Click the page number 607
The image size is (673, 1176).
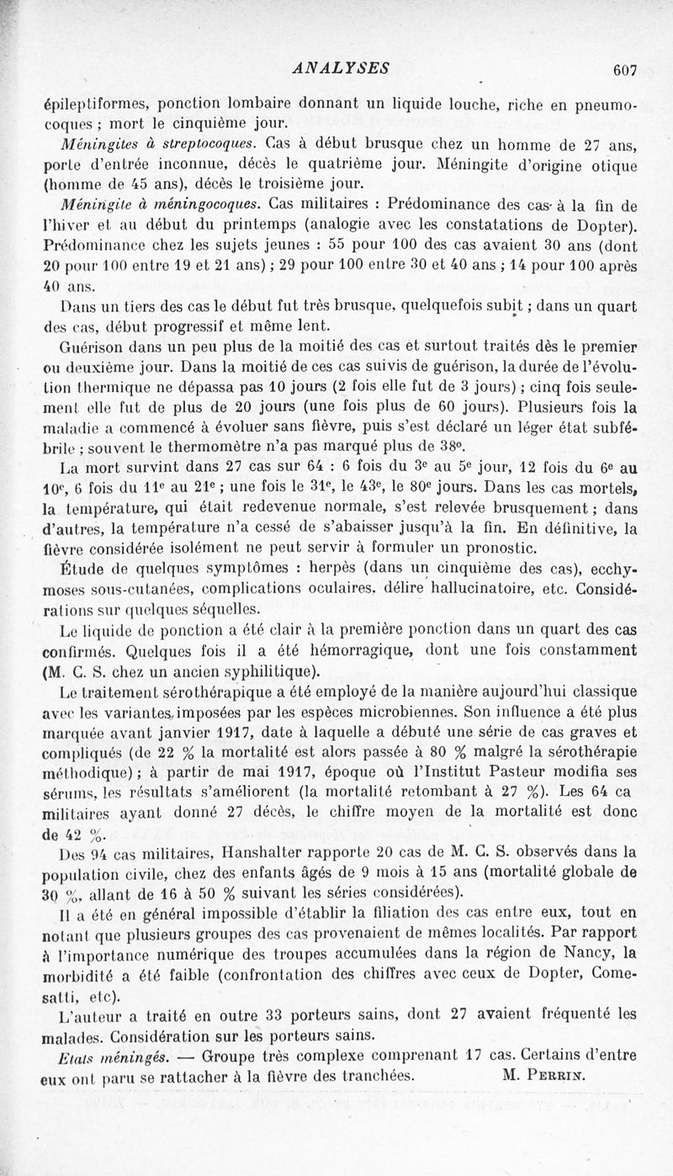click(626, 71)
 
